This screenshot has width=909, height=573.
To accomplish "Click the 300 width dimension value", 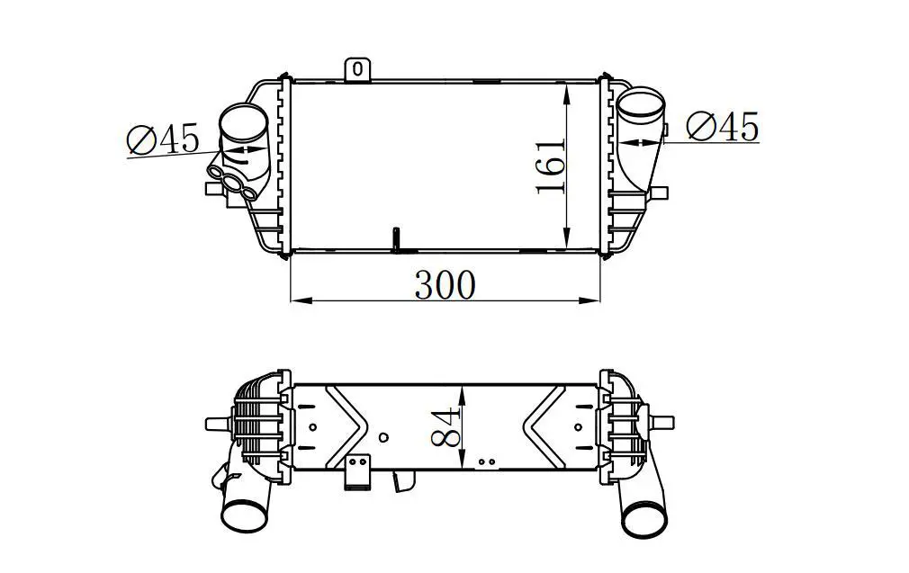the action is click(445, 285).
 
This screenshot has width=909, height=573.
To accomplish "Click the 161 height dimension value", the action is click(550, 166).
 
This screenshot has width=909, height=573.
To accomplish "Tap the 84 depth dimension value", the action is click(445, 427).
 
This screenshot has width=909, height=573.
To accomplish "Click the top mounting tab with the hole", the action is click(357, 69).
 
